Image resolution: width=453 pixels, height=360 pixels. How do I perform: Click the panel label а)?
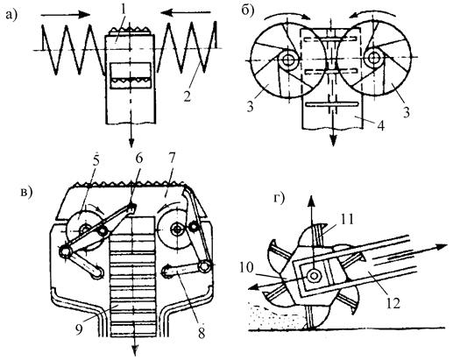point(11,14)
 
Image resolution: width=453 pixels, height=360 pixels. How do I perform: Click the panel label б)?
point(248,11)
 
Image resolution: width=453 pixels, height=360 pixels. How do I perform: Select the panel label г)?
point(279,199)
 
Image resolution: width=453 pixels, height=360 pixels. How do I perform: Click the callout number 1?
point(124,11)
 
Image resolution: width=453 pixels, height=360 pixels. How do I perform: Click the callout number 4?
point(380,125)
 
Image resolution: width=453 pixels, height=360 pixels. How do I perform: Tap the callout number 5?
point(96,160)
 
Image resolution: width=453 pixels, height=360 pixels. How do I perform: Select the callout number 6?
point(138,159)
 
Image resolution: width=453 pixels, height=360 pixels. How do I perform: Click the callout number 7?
point(172,159)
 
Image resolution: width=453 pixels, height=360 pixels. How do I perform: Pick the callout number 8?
point(202,333)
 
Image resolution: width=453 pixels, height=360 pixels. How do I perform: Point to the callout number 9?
point(80,329)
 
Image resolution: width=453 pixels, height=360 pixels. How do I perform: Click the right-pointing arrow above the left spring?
point(66,14)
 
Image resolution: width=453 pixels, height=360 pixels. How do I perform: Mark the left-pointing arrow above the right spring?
point(185,12)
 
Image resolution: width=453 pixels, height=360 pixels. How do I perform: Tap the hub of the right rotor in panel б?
point(373,57)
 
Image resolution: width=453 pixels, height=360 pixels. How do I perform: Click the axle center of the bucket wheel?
point(314,275)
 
